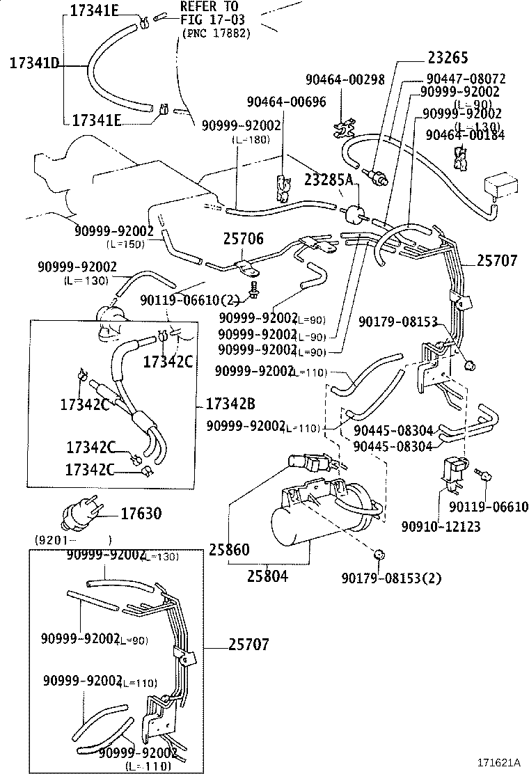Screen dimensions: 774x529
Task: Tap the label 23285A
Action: click(x=329, y=180)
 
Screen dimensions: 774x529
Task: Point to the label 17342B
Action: click(x=230, y=404)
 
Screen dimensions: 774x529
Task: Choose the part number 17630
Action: click(x=141, y=514)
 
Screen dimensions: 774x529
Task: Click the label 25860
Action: click(x=228, y=550)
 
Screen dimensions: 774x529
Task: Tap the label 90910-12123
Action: click(x=441, y=527)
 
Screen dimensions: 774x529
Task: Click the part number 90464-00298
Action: click(x=345, y=80)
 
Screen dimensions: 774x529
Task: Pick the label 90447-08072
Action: click(x=466, y=79)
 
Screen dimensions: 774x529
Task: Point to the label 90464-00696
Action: click(x=286, y=102)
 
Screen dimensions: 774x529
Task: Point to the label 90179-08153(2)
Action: click(x=391, y=577)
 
